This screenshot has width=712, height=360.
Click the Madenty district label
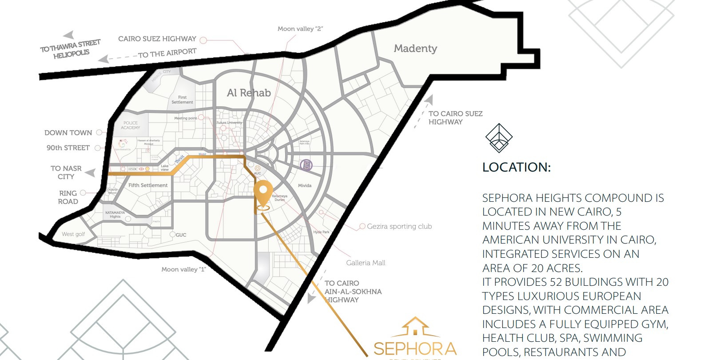(415, 48)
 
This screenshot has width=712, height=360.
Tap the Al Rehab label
(249, 93)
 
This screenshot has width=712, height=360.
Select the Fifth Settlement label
(148, 185)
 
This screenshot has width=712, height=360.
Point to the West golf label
(73, 234)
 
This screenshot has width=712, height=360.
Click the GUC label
(181, 235)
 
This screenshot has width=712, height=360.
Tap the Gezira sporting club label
(399, 226)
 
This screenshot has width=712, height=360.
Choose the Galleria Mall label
(366, 263)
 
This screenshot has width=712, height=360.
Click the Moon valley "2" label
(300, 29)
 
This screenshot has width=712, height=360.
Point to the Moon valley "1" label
(183, 269)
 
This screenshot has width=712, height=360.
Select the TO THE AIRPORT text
(167, 53)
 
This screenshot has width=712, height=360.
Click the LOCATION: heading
(516, 168)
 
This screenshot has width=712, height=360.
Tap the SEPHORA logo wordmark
(414, 348)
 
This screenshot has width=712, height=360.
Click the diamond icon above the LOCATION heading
(499, 138)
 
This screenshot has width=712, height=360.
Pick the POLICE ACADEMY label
(131, 125)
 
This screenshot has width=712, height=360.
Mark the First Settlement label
(182, 100)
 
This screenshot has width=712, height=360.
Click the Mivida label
(305, 185)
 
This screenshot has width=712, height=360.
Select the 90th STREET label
(68, 148)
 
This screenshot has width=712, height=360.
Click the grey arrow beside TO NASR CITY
(90, 172)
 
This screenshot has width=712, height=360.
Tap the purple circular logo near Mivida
(306, 166)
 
